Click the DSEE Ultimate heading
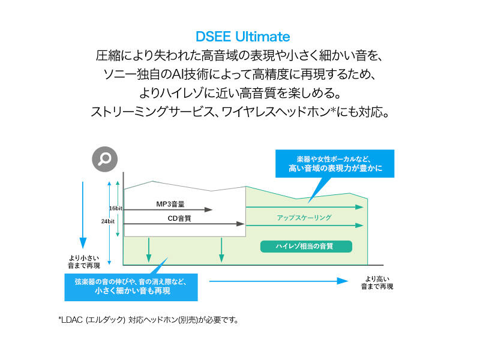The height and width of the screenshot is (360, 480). click(x=242, y=37)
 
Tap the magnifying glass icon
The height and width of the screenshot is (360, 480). click(x=104, y=159)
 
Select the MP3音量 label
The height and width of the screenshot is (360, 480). click(x=170, y=204)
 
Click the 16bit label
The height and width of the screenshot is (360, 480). click(x=116, y=208)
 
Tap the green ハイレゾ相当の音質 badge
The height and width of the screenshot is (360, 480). click(x=305, y=246)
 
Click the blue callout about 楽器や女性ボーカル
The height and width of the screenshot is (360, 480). click(x=335, y=164)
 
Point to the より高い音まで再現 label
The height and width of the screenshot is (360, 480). click(x=377, y=283)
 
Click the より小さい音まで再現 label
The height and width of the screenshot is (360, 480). click(x=84, y=262)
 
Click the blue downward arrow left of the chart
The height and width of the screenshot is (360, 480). click(x=83, y=216)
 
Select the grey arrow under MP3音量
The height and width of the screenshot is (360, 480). click(x=168, y=209)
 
